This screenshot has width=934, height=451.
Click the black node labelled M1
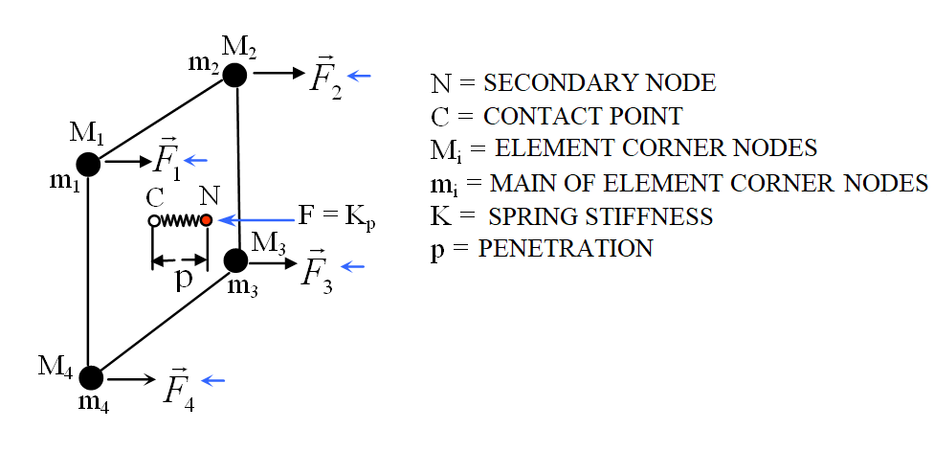click(x=88, y=164)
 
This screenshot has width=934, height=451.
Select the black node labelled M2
click(x=235, y=75)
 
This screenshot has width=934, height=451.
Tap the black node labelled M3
click(x=235, y=259)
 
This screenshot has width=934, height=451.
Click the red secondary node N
click(x=206, y=220)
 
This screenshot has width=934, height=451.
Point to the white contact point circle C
click(x=153, y=221)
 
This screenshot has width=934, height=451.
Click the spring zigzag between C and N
click(x=180, y=221)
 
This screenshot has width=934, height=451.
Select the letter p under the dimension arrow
click(x=181, y=279)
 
